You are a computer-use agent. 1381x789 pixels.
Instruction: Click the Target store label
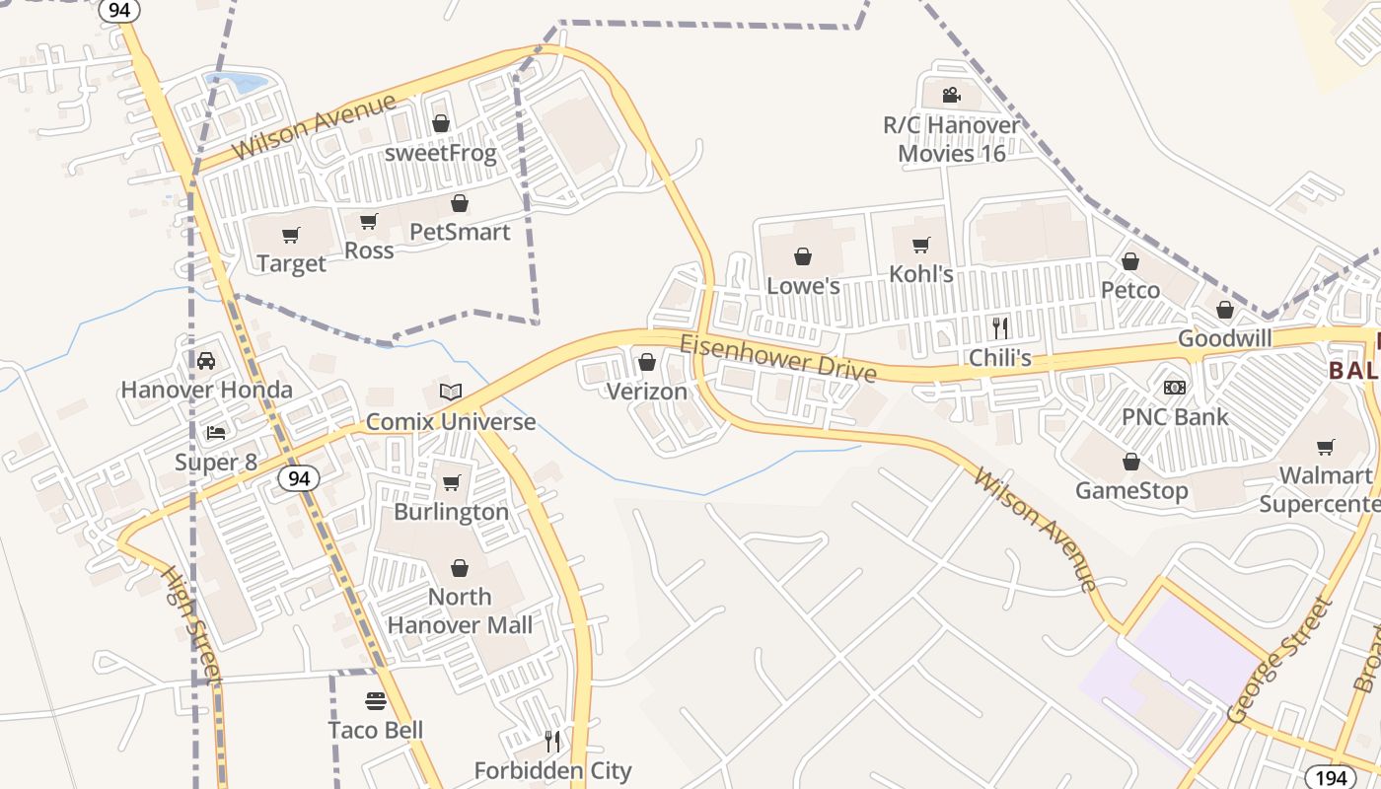tap(291, 263)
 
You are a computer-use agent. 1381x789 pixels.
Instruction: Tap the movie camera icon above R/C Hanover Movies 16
tap(951, 96)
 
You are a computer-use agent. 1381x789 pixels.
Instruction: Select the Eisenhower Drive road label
tap(777, 357)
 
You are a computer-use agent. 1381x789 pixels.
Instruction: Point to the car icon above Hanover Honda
tap(206, 360)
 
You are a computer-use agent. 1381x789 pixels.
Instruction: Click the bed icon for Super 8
tap(216, 432)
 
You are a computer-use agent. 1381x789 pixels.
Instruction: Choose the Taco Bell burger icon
tap(375, 701)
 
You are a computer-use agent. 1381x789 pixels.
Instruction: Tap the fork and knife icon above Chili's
tap(1000, 327)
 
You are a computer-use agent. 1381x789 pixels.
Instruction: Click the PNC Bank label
tap(1175, 416)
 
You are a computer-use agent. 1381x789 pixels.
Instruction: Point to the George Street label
tap(1279, 659)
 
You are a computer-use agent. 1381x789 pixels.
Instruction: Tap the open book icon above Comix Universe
tap(451, 392)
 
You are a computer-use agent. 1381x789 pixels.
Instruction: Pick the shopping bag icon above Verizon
tap(647, 362)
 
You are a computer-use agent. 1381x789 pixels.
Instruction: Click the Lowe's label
tap(803, 286)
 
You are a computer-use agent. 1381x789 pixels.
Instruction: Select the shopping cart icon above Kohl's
tap(921, 245)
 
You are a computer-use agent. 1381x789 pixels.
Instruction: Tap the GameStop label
tap(1130, 490)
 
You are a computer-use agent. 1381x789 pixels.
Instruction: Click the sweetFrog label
tap(440, 153)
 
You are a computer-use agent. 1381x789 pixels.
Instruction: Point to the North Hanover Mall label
tap(460, 610)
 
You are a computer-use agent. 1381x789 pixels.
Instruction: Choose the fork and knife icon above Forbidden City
tap(552, 740)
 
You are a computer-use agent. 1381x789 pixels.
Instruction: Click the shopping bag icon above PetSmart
tap(460, 203)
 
